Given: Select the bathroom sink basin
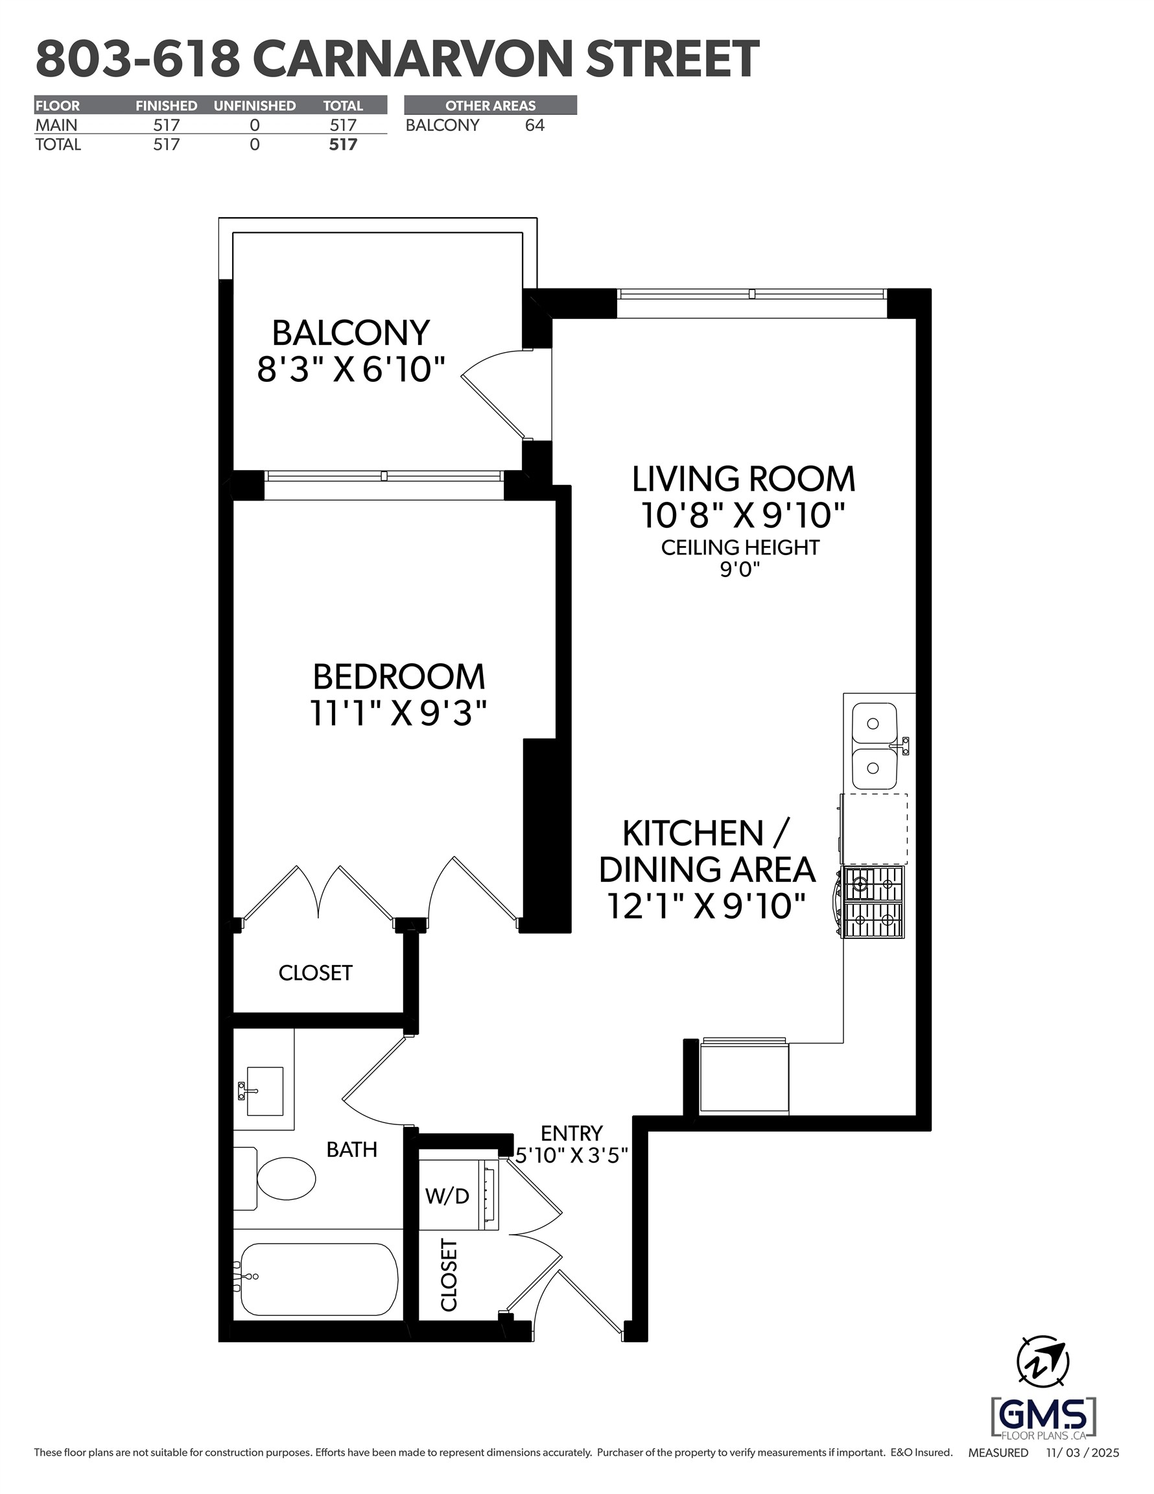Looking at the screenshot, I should pyautogui.click(x=265, y=1091).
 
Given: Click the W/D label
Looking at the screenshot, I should pyautogui.click(x=447, y=1196).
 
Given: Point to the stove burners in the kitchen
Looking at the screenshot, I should pyautogui.click(x=873, y=901).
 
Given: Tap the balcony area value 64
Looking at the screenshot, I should pyautogui.click(x=534, y=125).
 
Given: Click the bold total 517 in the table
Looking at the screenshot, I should pyautogui.click(x=343, y=145).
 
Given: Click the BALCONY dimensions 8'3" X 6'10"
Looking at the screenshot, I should pyautogui.click(x=351, y=370).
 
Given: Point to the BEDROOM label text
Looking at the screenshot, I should pyautogui.click(x=399, y=676).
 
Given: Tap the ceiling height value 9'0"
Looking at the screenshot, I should pyautogui.click(x=740, y=569).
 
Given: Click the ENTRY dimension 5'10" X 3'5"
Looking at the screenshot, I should pyautogui.click(x=572, y=1156).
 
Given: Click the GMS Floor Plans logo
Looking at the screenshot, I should pyautogui.click(x=1043, y=1418).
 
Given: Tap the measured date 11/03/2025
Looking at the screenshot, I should pyautogui.click(x=1082, y=1452).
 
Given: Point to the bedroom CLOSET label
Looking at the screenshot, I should pyautogui.click(x=315, y=973).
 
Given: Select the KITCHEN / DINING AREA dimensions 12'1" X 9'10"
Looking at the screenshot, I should pyautogui.click(x=706, y=907).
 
